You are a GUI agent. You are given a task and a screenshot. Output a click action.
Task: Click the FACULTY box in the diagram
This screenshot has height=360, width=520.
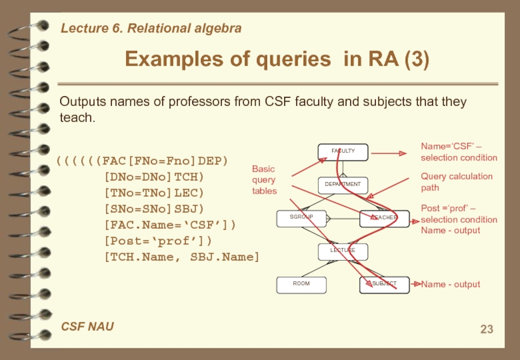click(343, 151)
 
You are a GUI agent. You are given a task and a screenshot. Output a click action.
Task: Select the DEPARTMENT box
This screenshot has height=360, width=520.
click(343, 185)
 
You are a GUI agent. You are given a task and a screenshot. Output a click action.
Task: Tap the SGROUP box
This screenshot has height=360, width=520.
click(301, 218)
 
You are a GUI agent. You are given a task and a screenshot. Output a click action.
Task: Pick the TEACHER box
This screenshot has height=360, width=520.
click(384, 218)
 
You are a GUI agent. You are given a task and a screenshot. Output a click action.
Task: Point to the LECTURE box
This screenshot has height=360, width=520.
click(343, 251)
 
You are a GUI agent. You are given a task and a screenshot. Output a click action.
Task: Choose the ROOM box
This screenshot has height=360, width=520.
click(301, 284)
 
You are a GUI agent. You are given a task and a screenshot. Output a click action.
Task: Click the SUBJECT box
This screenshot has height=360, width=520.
click(384, 284)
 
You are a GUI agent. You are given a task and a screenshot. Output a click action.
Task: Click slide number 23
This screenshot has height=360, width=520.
click(486, 329)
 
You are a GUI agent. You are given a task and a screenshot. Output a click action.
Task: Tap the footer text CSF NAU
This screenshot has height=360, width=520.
click(87, 326)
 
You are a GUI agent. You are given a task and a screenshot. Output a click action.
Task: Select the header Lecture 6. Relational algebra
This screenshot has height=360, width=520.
click(151, 28)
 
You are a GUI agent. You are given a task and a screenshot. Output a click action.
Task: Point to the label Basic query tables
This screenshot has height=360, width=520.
click(264, 180)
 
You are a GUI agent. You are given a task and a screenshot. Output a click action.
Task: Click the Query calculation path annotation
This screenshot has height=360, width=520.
click(456, 182)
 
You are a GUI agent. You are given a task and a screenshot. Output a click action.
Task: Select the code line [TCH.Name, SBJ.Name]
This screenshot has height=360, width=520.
click(181, 257)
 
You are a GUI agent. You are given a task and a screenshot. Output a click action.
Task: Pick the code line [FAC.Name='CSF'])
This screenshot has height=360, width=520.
click(170, 225)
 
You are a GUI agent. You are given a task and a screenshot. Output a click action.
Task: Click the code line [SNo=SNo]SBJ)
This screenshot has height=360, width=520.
click(153, 209)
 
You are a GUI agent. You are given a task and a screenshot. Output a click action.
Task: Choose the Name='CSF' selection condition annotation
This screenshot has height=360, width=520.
click(458, 152)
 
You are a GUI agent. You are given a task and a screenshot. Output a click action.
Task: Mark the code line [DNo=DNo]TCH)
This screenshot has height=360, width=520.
click(153, 176)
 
